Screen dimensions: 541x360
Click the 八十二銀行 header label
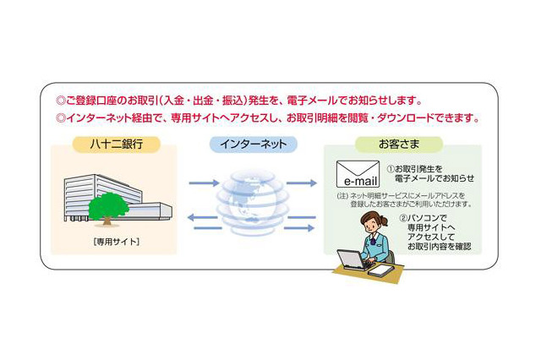tap(117, 144)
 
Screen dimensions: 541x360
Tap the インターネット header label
tap(254, 144)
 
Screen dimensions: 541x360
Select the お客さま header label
tap(399, 144)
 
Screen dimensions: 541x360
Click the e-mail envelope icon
tap(358, 174)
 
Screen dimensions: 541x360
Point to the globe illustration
tap(253, 202)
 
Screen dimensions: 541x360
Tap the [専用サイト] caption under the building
tap(117, 242)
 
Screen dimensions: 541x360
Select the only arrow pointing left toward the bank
tap(203, 217)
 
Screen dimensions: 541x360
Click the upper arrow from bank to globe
tap(204, 183)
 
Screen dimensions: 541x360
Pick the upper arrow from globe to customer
tap(301, 183)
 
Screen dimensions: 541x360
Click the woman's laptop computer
tap(352, 259)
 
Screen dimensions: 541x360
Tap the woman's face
tap(372, 225)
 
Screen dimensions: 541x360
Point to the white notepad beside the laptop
tap(380, 270)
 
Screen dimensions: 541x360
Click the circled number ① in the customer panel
tap(391, 169)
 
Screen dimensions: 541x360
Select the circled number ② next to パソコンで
tap(403, 218)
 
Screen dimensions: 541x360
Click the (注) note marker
tap(342, 196)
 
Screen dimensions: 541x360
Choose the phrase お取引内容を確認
tap(439, 247)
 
